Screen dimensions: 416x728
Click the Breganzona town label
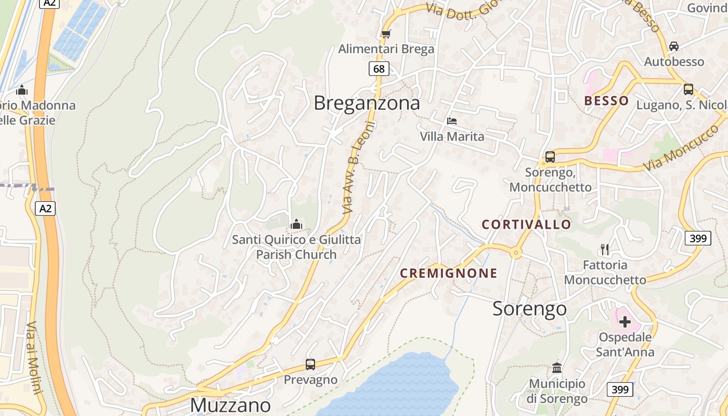point(367,103)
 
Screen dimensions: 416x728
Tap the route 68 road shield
point(379,69)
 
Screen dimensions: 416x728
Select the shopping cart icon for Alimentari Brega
point(386,34)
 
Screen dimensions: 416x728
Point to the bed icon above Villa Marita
point(452,121)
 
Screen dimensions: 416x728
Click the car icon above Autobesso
point(674,46)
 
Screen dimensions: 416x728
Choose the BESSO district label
point(606,101)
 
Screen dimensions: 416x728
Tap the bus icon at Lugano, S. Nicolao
point(688,89)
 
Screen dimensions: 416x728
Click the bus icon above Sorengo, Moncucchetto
point(550,157)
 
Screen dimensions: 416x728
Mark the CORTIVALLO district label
point(526,225)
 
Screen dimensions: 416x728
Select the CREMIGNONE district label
point(449,274)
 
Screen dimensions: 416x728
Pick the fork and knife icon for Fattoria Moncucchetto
point(604,250)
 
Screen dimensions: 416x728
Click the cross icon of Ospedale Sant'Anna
point(625,322)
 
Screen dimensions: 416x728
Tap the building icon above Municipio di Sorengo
point(557,368)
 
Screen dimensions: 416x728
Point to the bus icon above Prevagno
point(310,364)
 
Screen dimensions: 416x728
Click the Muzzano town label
point(230,405)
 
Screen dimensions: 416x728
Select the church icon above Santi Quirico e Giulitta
point(296,224)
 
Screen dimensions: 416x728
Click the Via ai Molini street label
point(33,358)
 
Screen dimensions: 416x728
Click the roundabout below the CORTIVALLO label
point(516,253)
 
